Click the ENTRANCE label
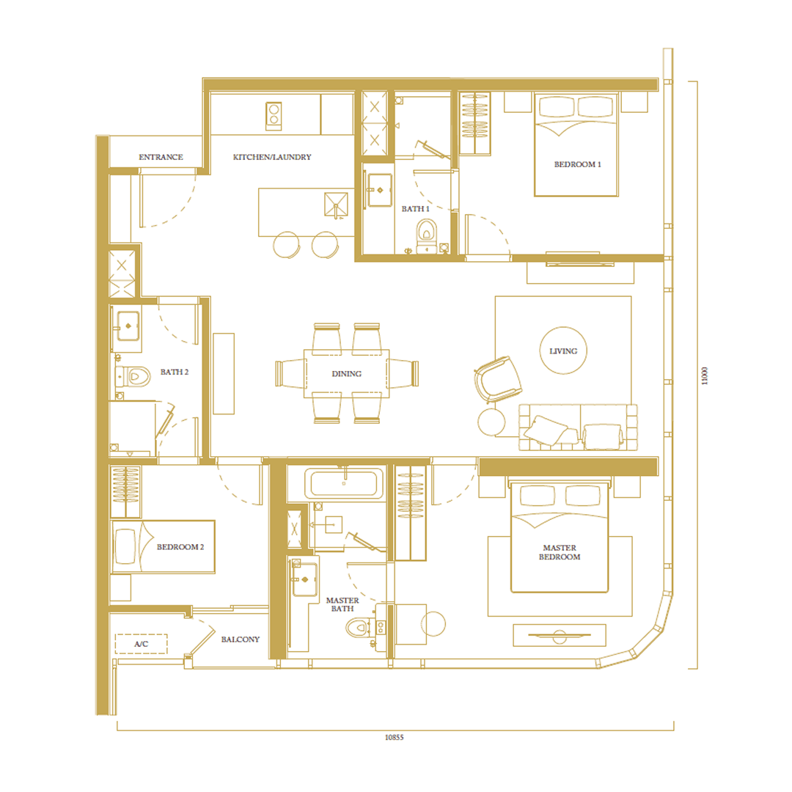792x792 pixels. (x=161, y=157)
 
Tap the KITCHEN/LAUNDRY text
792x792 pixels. (x=272, y=157)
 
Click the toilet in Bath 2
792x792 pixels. (x=136, y=376)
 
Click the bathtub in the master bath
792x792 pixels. (x=343, y=483)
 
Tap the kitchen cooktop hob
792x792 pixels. (x=274, y=116)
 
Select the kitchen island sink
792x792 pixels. (x=336, y=205)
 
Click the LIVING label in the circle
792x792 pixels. (x=563, y=351)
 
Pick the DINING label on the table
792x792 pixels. (x=346, y=374)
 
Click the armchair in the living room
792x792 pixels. (x=497, y=379)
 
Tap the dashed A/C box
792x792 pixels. (x=141, y=644)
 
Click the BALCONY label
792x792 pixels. (x=241, y=639)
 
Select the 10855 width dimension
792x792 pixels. (x=395, y=738)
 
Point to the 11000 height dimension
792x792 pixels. (x=705, y=375)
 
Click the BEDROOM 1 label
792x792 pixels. (x=577, y=164)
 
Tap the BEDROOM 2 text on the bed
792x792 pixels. (x=180, y=547)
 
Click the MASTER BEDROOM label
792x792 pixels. (x=560, y=552)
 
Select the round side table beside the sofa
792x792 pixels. (x=491, y=422)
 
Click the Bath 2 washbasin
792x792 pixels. (x=128, y=326)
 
